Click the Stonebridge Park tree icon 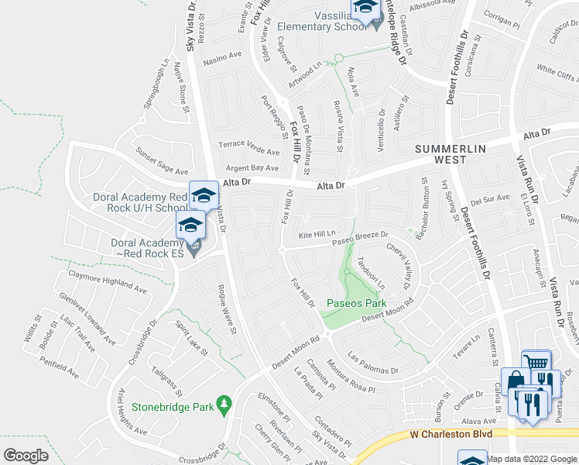(x=224, y=404)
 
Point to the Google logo (x=26, y=455)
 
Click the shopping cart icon (x=536, y=363)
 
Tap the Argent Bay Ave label (x=252, y=167)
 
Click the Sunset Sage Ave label (x=162, y=161)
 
